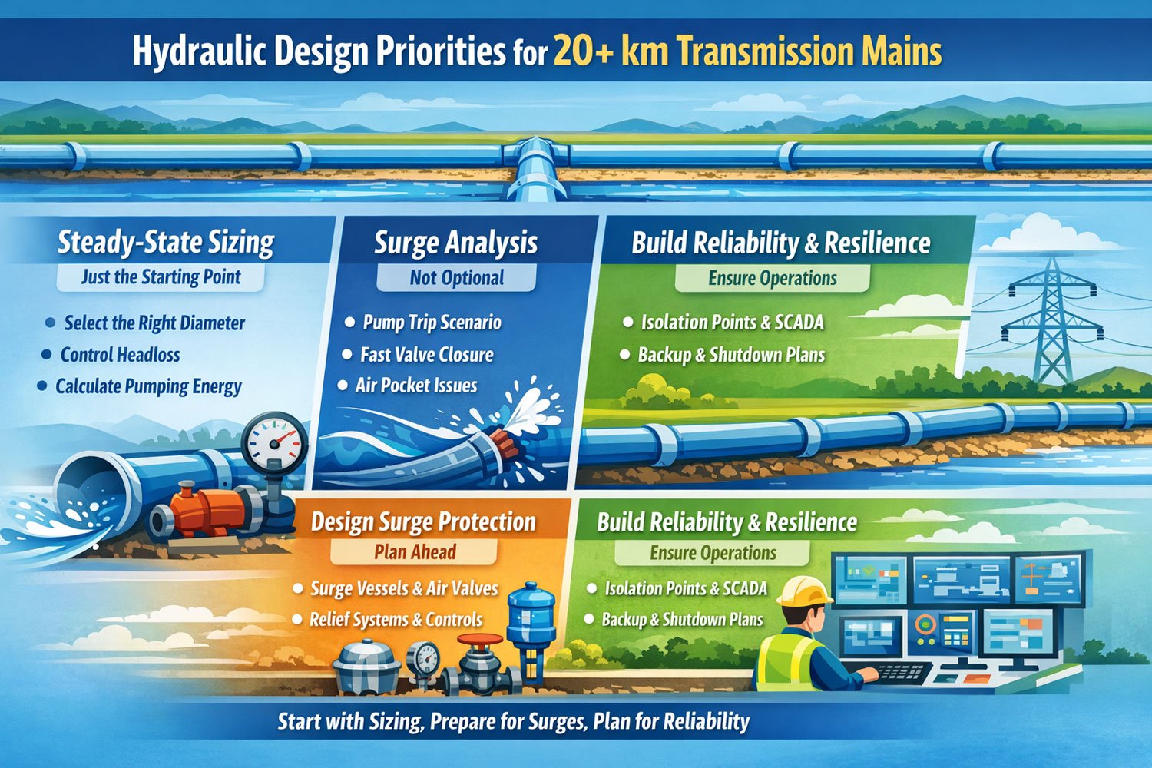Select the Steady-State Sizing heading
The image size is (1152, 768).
coord(166,242)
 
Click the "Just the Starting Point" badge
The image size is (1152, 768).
coord(161,277)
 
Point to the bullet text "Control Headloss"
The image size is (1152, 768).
coord(121,354)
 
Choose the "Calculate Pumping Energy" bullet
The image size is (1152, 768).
coord(148,386)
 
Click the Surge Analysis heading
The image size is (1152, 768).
coord(455,242)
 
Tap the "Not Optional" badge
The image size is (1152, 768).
coord(456,278)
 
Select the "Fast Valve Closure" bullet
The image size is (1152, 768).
coord(427,354)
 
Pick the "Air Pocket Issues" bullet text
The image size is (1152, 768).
coord(416,386)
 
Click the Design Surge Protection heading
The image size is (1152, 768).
coord(423,521)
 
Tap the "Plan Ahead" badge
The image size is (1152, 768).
coord(415,552)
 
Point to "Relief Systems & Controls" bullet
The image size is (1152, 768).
coord(396,619)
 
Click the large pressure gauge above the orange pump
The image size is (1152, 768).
coord(274,443)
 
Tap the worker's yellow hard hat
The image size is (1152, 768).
coord(804,591)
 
